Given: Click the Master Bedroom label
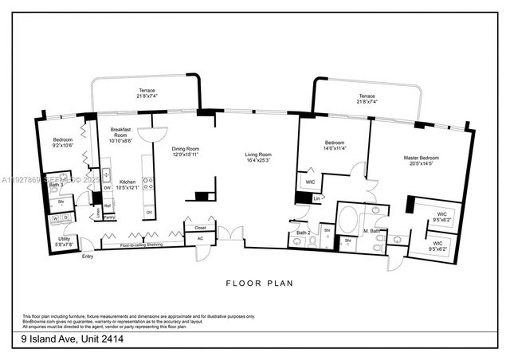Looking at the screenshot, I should pyautogui.click(x=422, y=158).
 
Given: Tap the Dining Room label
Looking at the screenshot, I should pyautogui.click(x=186, y=149).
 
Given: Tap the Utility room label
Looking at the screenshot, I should pyautogui.click(x=63, y=239).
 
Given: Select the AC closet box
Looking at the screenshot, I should pyautogui.click(x=199, y=238).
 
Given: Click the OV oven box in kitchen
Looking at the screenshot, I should pyautogui.click(x=149, y=212).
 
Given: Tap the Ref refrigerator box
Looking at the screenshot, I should pyautogui.click(x=107, y=205).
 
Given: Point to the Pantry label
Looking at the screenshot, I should pyautogui.click(x=109, y=217).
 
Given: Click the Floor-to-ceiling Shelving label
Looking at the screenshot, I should pyautogui.click(x=142, y=245).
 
